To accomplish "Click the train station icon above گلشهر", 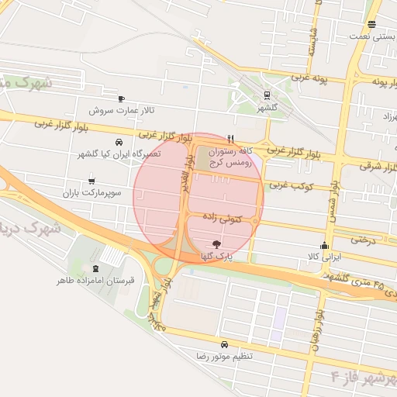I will pyautogui.click(x=267, y=96).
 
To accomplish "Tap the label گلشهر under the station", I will pyautogui.click(x=268, y=108).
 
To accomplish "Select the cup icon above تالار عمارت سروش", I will pyautogui.click(x=121, y=98).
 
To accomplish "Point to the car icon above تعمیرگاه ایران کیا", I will pyautogui.click(x=119, y=143).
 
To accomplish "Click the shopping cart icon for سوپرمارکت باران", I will pyautogui.click(x=91, y=180).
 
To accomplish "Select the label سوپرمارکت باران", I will pyautogui.click(x=94, y=192).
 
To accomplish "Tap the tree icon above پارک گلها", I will pyautogui.click(x=216, y=244).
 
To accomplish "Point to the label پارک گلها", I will pyautogui.click(x=216, y=256).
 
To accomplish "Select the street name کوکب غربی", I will pyautogui.click(x=289, y=185).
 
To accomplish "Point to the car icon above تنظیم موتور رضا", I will pyautogui.click(x=224, y=343).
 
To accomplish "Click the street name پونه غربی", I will pyautogui.click(x=310, y=79).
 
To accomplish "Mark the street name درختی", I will pyautogui.click(x=363, y=240).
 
